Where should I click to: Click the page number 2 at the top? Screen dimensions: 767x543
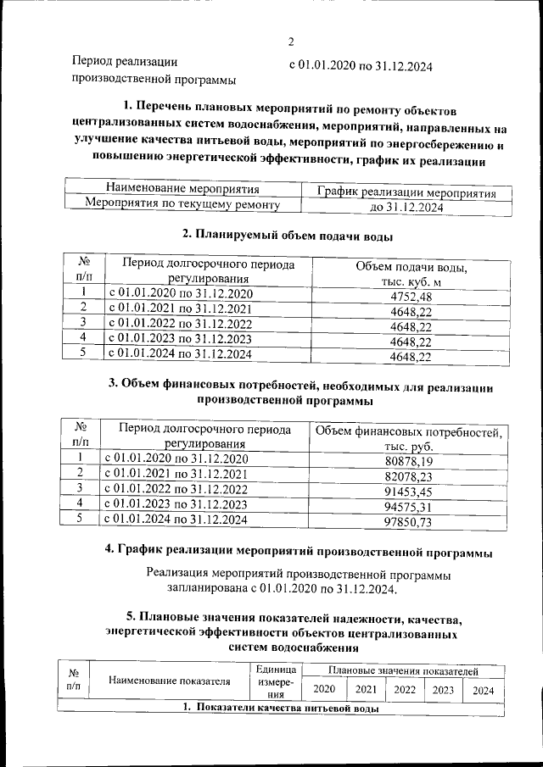pos(290,42)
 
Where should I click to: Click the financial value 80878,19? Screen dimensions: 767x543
pos(409,461)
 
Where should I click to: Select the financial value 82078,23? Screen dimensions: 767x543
pos(409,477)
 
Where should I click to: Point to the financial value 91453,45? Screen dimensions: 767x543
pos(409,492)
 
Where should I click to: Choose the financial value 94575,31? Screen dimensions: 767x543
pos(409,508)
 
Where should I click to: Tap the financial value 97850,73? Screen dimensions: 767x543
pos(409,523)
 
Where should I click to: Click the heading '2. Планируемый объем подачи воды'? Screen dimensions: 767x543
pos(288,235)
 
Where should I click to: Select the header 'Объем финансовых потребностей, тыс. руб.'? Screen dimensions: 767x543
pos(409,439)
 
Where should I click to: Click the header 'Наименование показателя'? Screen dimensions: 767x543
pos(170,681)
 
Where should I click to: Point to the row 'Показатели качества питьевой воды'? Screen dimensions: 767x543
pos(280,708)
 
